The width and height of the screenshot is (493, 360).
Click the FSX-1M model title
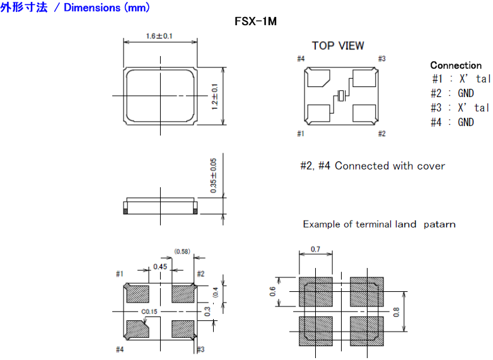(256, 21)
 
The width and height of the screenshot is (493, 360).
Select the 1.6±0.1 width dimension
(159, 36)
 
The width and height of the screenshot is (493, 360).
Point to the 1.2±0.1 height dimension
(214, 96)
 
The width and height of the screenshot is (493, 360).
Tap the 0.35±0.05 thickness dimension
(214, 175)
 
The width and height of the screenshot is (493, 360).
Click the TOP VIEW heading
(338, 45)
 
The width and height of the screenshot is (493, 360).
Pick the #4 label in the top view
(301, 59)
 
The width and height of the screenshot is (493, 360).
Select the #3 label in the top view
(381, 59)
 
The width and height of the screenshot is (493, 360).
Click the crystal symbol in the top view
(342, 96)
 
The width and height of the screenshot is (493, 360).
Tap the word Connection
(455, 66)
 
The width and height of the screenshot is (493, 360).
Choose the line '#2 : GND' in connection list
(453, 93)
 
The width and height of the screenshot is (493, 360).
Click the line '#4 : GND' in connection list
(453, 122)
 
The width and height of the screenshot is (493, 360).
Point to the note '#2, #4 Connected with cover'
(372, 166)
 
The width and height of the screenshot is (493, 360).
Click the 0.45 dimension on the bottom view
(160, 267)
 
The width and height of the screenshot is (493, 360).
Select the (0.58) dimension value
(182, 252)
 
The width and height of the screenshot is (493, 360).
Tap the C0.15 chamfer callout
(149, 311)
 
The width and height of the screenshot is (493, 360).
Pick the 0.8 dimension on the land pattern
(396, 311)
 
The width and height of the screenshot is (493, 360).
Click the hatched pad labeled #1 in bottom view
(137, 293)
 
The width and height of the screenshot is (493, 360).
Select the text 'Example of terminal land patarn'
(379, 224)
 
